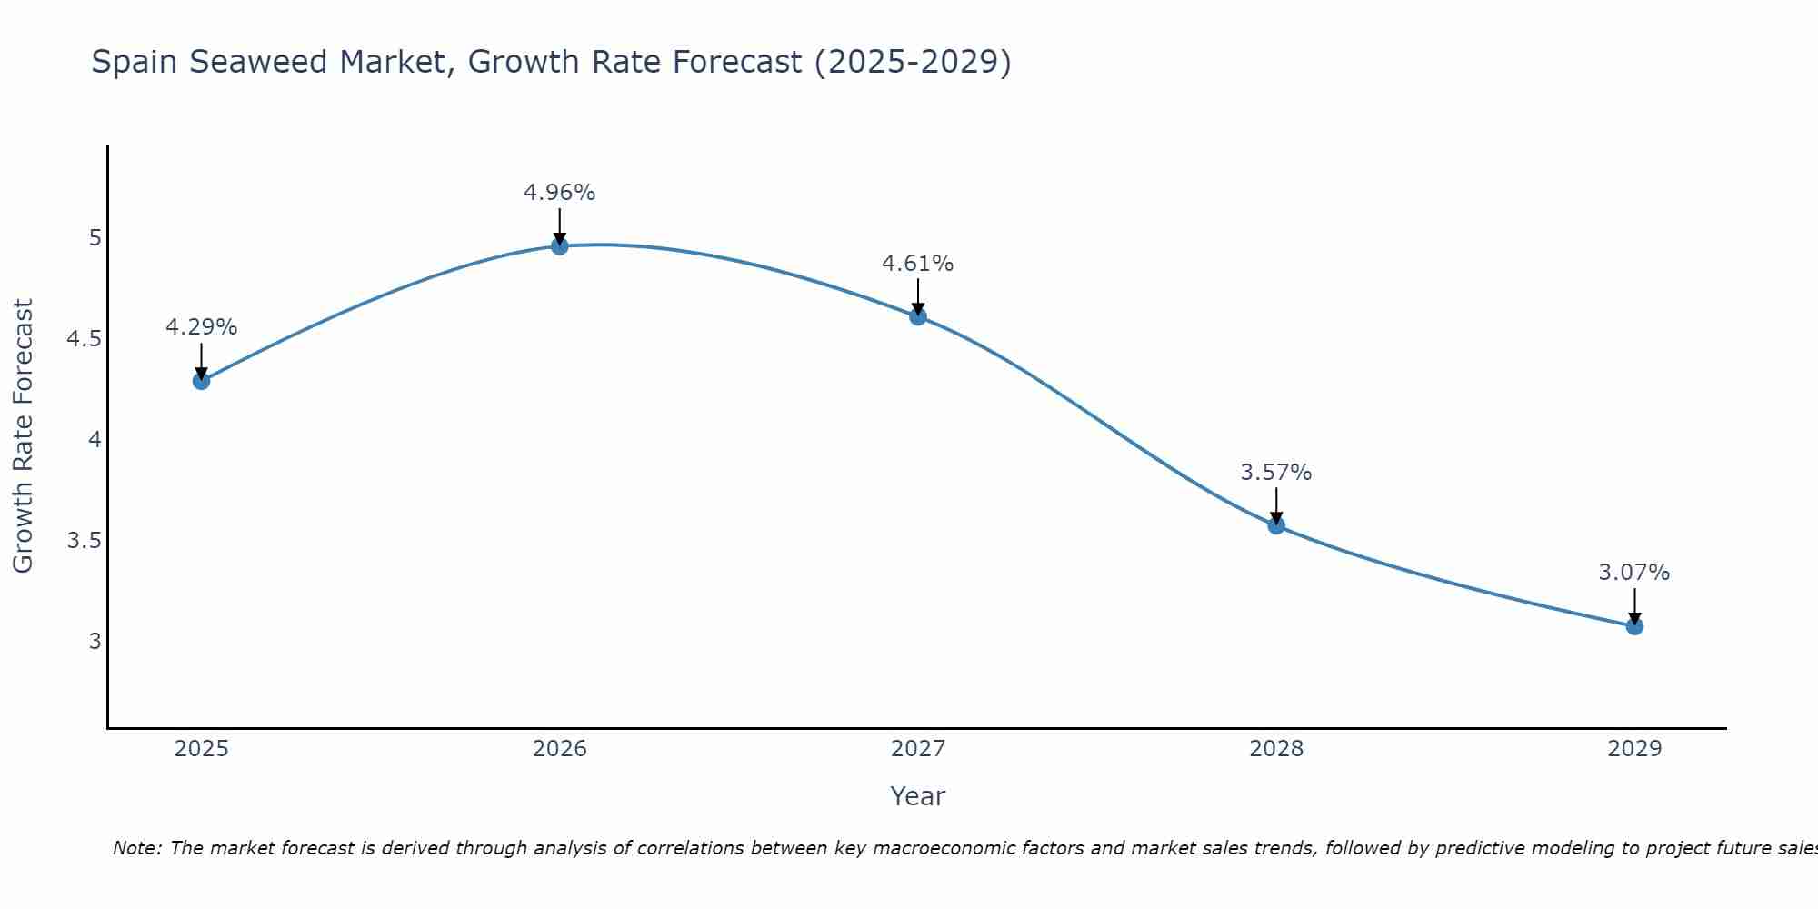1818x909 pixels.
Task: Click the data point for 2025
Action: (x=201, y=381)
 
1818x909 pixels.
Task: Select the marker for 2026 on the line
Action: (x=559, y=245)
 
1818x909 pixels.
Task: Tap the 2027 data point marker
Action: (x=917, y=316)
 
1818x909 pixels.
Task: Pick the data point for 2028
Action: (x=1275, y=525)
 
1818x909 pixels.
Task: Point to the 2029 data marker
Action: (x=1633, y=626)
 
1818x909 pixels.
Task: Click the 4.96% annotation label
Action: (x=559, y=193)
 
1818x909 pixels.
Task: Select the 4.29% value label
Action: (x=201, y=327)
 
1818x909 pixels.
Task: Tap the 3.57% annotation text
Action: (x=1275, y=473)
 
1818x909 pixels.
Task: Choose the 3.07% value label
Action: (x=1633, y=573)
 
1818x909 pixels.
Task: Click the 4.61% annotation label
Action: (x=917, y=264)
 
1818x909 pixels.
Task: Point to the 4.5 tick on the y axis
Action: (x=84, y=339)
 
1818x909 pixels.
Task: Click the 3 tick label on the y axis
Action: (x=95, y=642)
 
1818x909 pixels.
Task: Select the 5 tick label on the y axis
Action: (x=95, y=238)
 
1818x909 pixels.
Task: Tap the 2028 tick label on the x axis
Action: (x=1275, y=749)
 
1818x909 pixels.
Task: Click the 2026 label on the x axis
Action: (x=559, y=749)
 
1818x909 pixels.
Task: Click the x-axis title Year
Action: (x=917, y=796)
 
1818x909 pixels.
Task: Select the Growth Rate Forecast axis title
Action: (x=23, y=436)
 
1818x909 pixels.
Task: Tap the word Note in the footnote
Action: (x=136, y=848)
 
